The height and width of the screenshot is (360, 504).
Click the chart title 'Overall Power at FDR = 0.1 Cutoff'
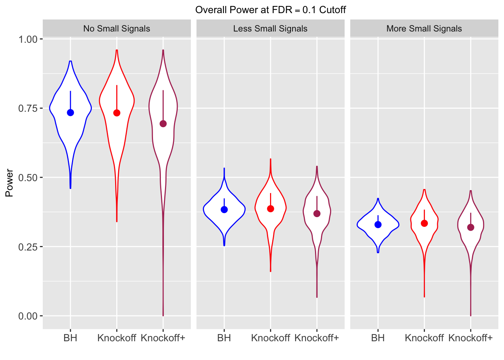(x=270, y=10)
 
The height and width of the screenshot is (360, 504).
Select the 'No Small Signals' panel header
(x=117, y=28)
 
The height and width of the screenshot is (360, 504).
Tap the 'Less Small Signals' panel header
(x=270, y=28)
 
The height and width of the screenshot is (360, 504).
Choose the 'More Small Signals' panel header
(x=424, y=28)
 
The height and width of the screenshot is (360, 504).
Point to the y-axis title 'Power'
(x=9, y=183)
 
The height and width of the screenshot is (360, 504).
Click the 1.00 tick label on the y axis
(x=28, y=39)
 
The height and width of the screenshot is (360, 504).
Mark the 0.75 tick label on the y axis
(x=28, y=108)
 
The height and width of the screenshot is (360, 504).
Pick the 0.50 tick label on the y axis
(x=28, y=177)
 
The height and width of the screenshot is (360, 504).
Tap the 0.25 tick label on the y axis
(x=28, y=247)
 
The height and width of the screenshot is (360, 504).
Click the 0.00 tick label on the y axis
(x=28, y=316)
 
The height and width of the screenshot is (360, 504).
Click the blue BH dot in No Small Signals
(x=70, y=112)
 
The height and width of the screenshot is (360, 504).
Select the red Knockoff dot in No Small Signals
(x=117, y=113)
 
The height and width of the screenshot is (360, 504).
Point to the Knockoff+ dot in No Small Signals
(x=163, y=124)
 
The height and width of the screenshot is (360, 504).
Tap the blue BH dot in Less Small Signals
(x=224, y=210)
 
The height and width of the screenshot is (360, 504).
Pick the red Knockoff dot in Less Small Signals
(x=270, y=209)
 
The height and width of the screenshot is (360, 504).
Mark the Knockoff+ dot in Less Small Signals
(x=317, y=214)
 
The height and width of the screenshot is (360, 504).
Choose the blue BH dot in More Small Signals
(x=378, y=225)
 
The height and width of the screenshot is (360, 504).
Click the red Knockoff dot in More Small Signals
(x=424, y=223)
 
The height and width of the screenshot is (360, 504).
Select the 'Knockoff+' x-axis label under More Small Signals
(x=470, y=338)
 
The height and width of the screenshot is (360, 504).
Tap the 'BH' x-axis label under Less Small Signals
(x=224, y=338)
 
